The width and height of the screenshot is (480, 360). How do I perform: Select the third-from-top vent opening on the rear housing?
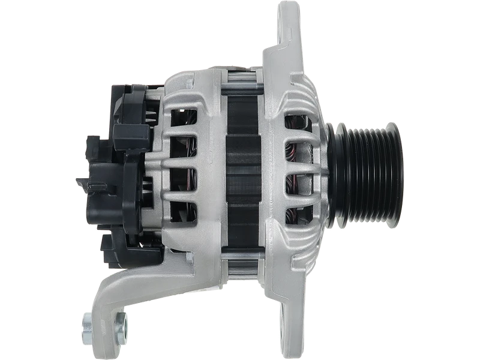coord(184,181)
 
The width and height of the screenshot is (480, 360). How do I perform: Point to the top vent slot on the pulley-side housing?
coord(296,119)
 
